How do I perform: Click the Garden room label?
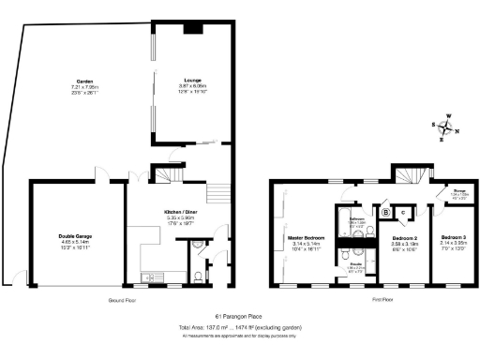tap(86, 82)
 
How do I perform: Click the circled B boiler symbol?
tap(385, 211)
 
